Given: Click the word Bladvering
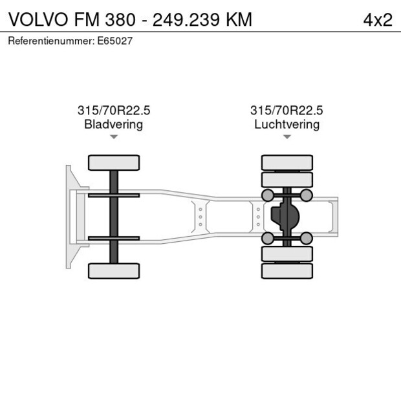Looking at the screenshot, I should point(113,124).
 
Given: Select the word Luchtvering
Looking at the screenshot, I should point(287,124).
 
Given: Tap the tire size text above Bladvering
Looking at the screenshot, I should point(113,111).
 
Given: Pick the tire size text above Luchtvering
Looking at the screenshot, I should point(287,111).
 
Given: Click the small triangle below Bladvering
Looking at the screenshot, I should point(113,136).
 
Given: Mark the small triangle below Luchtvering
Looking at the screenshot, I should point(287,136).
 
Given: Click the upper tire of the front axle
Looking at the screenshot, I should point(113,162).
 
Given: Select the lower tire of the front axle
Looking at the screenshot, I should point(113,270).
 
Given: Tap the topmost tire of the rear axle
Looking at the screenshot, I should point(287,162).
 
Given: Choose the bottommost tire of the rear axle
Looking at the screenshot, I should point(287,270).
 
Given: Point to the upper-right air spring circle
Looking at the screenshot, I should point(307,195).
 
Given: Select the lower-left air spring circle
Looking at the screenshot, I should point(266,238).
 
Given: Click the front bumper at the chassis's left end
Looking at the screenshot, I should point(68,217).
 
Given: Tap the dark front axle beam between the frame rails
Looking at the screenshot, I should point(113,217).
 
